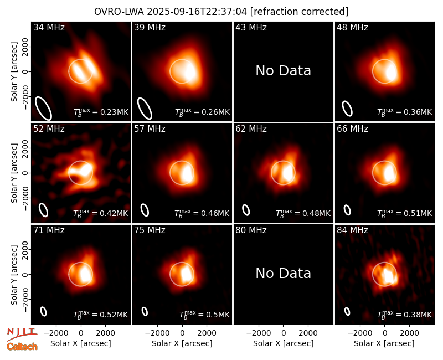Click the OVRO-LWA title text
(221, 12)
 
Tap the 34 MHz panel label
(49, 27)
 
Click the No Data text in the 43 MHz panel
(284, 71)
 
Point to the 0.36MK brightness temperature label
(405, 112)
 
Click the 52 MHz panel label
(49, 129)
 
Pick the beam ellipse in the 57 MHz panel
(145, 210)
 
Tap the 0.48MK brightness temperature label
(303, 213)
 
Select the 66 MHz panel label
(352, 129)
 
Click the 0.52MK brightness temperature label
(101, 315)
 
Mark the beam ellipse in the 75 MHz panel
(145, 311)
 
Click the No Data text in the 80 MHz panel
(284, 273)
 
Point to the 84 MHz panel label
(352, 230)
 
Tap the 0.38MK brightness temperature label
(405, 315)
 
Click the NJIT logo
(22, 333)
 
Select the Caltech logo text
(22, 347)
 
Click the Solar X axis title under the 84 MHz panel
(384, 343)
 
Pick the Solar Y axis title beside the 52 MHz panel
(14, 173)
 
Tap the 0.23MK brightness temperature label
(101, 112)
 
